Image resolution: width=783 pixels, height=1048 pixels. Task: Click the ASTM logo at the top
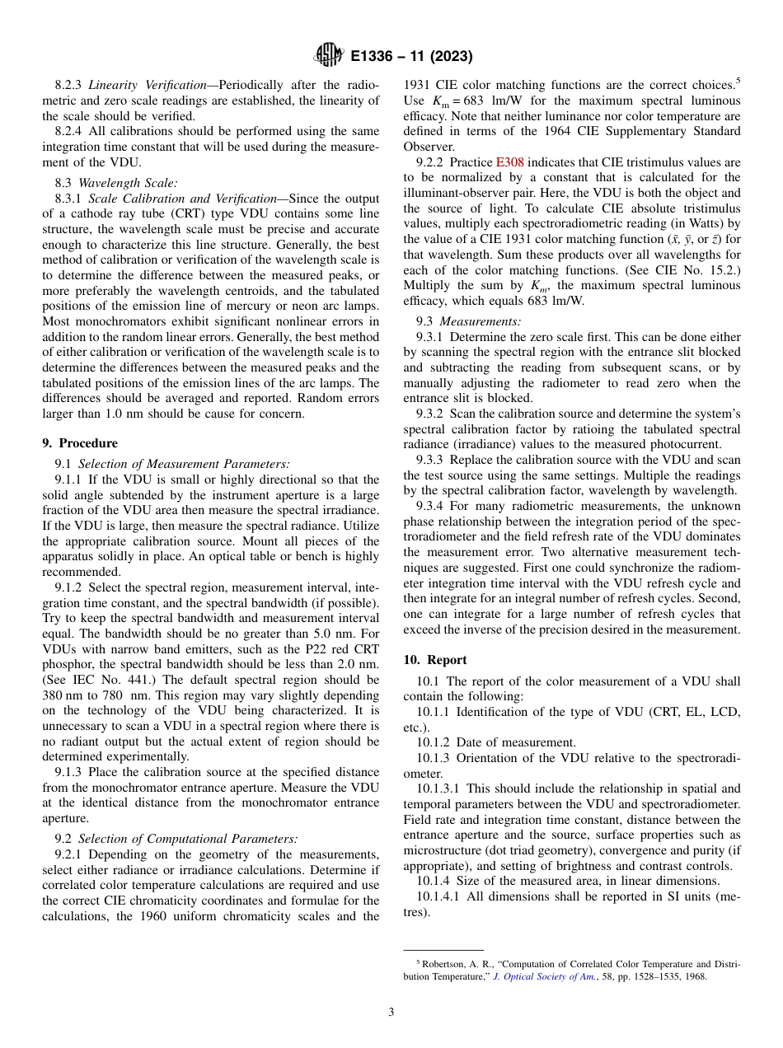(x=329, y=56)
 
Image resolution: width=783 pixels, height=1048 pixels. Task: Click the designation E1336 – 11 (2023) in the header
(x=411, y=57)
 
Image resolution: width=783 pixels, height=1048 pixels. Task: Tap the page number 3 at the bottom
(x=391, y=1013)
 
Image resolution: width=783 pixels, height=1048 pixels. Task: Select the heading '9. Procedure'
(x=80, y=442)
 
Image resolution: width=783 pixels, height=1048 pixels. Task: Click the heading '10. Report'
(x=435, y=660)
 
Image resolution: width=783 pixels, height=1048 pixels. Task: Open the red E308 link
(x=509, y=162)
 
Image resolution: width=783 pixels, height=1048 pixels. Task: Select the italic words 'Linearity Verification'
(x=147, y=85)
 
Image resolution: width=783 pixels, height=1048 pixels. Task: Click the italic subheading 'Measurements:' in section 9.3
(x=480, y=321)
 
